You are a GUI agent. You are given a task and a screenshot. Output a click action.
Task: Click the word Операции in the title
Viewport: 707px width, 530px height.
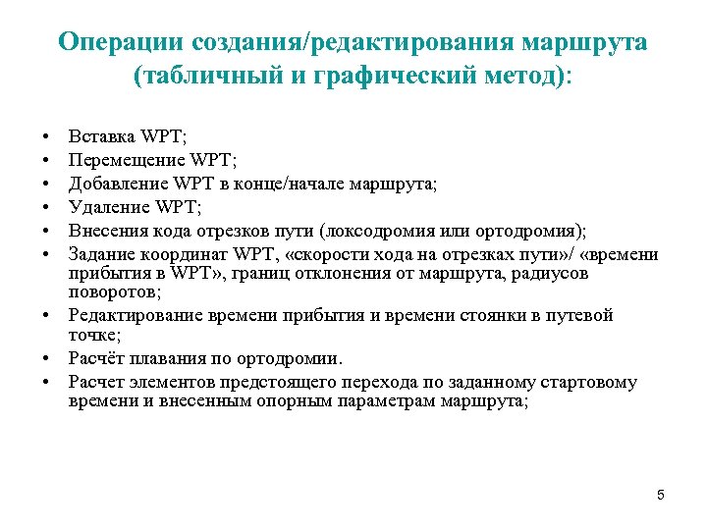tap(121, 43)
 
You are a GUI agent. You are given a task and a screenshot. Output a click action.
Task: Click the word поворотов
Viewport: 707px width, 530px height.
tap(111, 291)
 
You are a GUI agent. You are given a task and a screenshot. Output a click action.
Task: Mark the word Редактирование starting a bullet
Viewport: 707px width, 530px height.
tap(136, 315)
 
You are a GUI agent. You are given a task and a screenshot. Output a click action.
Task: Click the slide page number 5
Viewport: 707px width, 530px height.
tap(661, 495)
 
